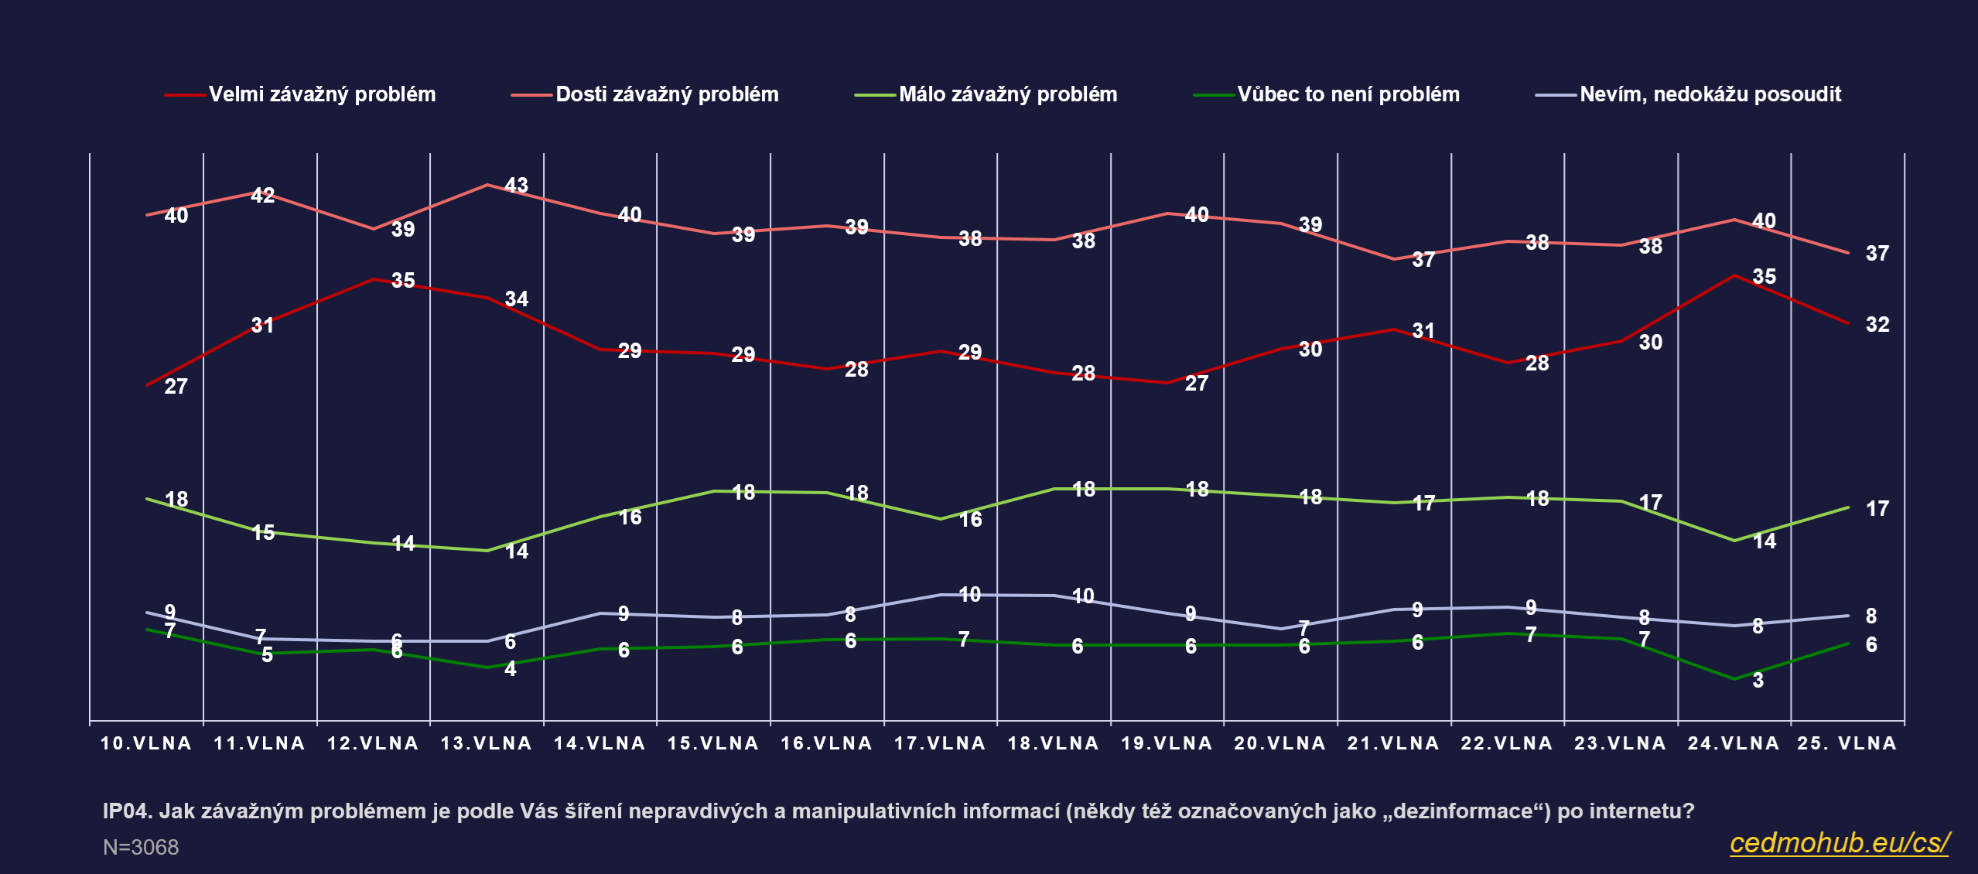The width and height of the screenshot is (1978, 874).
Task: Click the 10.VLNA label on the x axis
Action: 146,743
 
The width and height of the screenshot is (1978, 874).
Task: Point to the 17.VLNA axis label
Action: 940,743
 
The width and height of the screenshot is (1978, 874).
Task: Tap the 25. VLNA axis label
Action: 1846,743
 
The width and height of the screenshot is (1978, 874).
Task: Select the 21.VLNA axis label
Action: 1393,743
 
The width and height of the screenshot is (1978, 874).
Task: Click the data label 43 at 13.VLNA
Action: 516,186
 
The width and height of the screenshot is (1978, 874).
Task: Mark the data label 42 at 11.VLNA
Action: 262,196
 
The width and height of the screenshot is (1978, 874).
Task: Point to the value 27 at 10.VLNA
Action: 176,386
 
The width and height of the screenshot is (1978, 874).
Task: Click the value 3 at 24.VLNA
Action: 1758,681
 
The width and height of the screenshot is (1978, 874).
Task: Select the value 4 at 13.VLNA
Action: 510,669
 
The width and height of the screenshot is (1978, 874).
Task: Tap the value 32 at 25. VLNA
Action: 1877,325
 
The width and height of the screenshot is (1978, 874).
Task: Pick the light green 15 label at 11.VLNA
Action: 263,533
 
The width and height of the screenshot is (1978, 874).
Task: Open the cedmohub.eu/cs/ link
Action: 1839,842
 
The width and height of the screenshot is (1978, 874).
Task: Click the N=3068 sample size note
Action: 141,848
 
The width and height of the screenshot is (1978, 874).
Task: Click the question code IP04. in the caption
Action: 127,811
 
